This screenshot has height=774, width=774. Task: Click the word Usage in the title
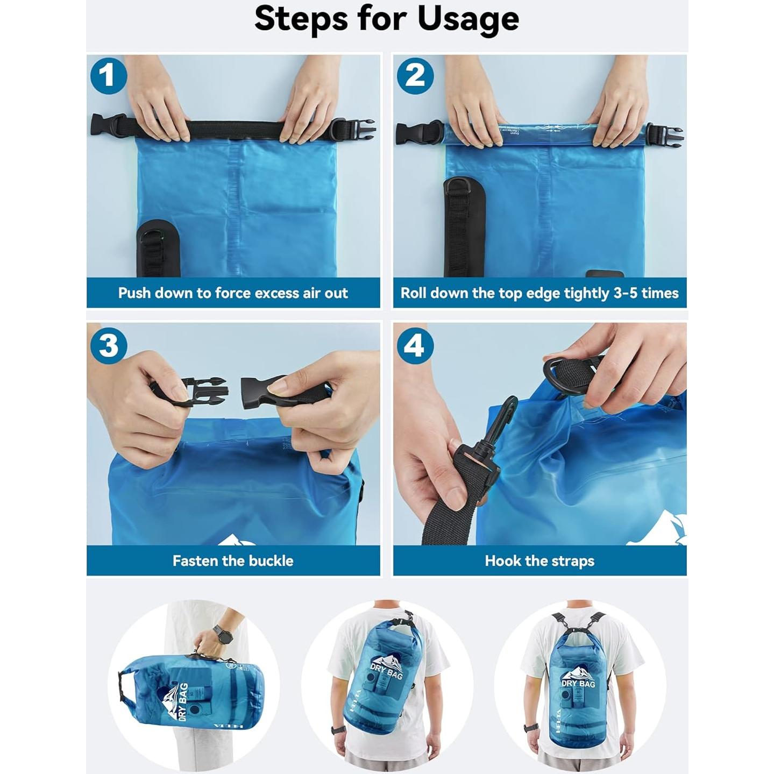(468, 19)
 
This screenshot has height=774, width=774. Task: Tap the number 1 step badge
(109, 76)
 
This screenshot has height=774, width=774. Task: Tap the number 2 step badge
(415, 76)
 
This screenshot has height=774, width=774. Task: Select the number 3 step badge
(109, 345)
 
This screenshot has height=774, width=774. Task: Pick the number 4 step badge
(414, 345)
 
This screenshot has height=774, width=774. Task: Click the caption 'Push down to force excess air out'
(233, 293)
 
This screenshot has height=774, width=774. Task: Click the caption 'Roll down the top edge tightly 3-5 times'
(539, 293)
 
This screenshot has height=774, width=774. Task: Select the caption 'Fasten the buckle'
(233, 561)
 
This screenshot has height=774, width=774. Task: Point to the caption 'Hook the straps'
(539, 561)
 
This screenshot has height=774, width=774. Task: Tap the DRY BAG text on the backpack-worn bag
(578, 683)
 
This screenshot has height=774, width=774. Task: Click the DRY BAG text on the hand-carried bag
(182, 701)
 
